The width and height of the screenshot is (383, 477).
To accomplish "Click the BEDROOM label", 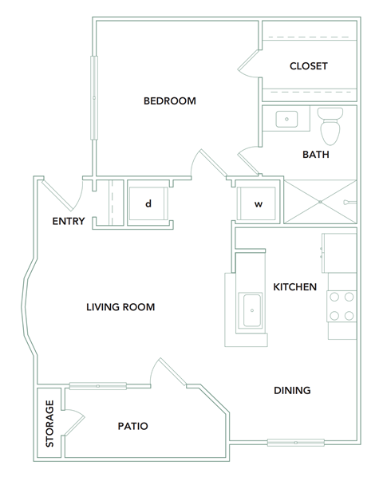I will pos(169,101).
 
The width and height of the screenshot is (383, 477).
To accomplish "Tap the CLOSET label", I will pos(308,66).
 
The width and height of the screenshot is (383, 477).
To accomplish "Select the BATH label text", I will pos(315,154).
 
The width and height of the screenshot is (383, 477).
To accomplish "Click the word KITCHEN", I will pos(295,286).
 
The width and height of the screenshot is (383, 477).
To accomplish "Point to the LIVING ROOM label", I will pos(120,307).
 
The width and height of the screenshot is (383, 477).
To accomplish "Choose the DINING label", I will pos(292,390).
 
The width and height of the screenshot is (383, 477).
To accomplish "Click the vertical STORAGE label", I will pos(49,422).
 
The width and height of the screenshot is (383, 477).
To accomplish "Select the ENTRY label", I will pos(68,221).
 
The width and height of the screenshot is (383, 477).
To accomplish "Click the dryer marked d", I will pos(148,203).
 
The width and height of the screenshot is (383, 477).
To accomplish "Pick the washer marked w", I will pos(258,203).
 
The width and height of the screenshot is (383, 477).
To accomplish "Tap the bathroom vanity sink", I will pos(287,120).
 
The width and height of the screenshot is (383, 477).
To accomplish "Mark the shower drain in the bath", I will pos(319,202).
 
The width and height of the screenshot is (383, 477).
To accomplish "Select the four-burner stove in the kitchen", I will pos(342,305).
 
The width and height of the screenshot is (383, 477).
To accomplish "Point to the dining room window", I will pos(295,441).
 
